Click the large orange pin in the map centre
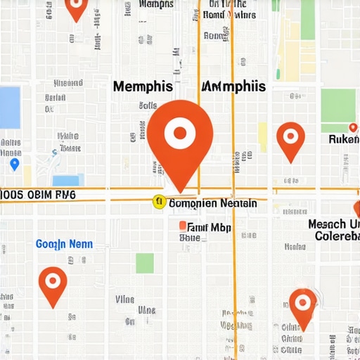(180, 134)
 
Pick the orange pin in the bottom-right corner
(303, 305)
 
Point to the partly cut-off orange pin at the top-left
(76, 7)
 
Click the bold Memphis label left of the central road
(143, 86)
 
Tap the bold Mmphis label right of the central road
(234, 86)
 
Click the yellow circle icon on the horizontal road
(159, 202)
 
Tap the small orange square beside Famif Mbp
(183, 226)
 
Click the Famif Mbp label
(210, 227)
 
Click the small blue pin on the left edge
(15, 164)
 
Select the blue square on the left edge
(9, 108)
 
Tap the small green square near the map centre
(145, 263)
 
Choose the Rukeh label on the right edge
(344, 139)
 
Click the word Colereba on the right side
(336, 236)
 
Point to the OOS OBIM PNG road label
(38, 194)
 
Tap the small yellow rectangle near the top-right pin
(262, 137)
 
